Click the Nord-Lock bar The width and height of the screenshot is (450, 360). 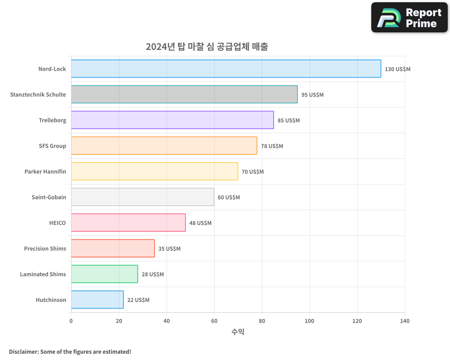click(226, 69)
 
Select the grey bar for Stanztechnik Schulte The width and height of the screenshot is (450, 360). click(184, 94)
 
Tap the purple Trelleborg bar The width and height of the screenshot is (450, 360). click(172, 120)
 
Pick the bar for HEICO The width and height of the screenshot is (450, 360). click(128, 223)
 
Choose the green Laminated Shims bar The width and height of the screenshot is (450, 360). click(104, 274)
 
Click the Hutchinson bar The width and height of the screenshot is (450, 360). click(97, 300)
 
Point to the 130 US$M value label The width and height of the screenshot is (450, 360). click(397, 69)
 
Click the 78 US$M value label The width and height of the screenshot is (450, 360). click(272, 146)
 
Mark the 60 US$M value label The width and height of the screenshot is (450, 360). click(229, 198)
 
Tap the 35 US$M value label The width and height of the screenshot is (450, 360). click(169, 249)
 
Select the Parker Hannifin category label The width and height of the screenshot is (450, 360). click(45, 171)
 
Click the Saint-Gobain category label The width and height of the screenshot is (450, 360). click(49, 197)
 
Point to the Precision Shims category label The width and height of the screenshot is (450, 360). click(45, 248)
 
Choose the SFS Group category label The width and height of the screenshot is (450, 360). click(52, 146)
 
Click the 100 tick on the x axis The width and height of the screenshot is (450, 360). click(310, 321)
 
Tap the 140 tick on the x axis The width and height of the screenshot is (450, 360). click(405, 321)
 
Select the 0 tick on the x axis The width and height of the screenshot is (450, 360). click(71, 321)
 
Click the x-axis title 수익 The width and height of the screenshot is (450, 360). click(238, 332)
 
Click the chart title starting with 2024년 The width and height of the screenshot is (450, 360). click(207, 47)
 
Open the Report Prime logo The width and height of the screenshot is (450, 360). click(409, 18)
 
